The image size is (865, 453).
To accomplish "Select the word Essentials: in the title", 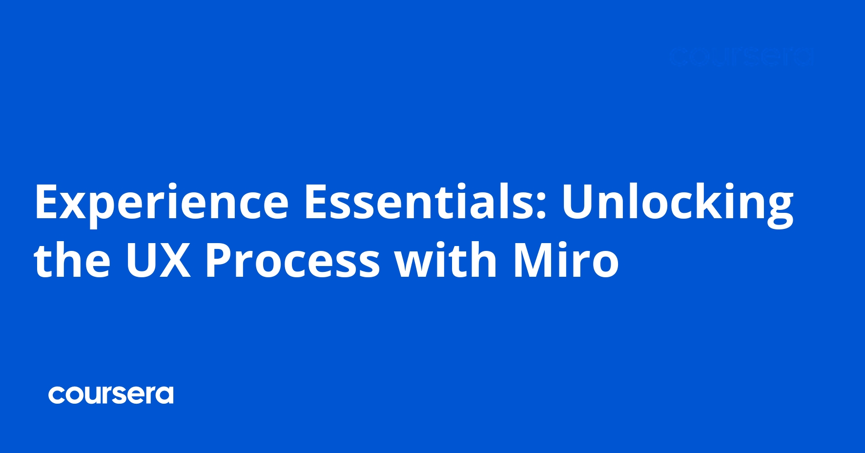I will tap(425, 201).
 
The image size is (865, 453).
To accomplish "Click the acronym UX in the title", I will tap(158, 260).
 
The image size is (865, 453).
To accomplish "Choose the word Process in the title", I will tap(292, 260).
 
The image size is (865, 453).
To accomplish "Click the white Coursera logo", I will tap(111, 395).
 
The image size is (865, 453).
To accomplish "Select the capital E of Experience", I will tap(46, 201).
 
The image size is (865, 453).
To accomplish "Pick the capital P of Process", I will tap(218, 260).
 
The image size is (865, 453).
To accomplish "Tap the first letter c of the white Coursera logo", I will tap(57, 395).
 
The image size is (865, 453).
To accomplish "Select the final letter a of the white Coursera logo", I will tap(164, 395).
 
